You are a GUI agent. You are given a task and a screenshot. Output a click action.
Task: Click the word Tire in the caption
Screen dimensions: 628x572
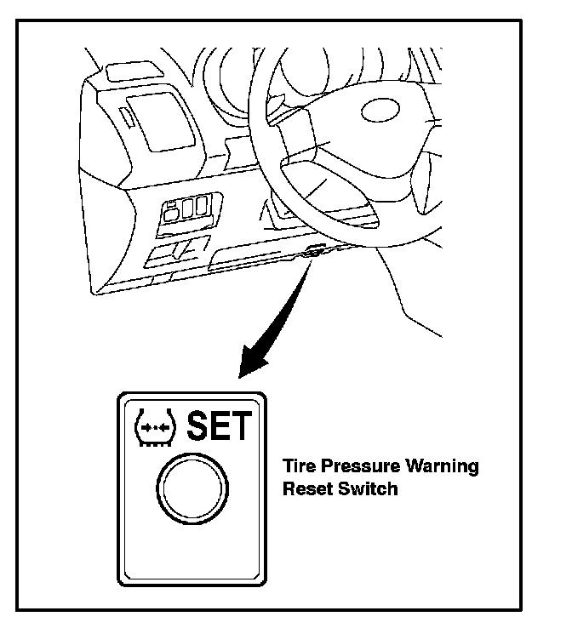tap(295, 467)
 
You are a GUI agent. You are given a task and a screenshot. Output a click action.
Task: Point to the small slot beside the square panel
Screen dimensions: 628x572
tap(124, 117)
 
